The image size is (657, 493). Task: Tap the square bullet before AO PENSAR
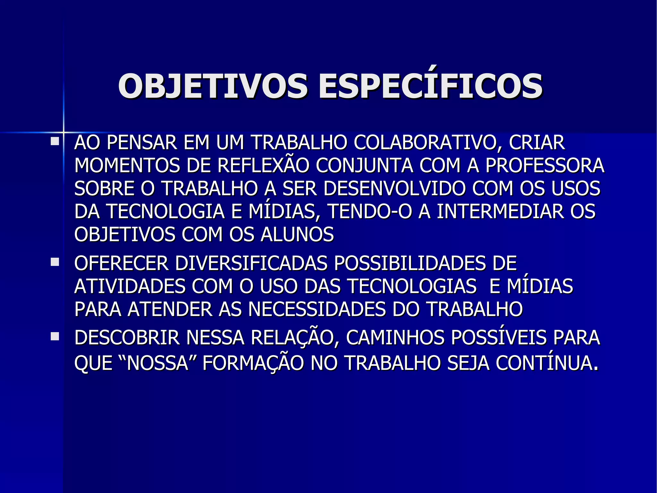(x=55, y=141)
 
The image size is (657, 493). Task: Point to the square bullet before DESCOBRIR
(x=55, y=337)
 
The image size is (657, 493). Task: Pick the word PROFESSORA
(x=545, y=166)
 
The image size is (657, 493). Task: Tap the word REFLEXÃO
(x=263, y=166)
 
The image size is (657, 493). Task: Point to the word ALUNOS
(x=297, y=234)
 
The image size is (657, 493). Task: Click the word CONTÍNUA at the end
(x=547, y=363)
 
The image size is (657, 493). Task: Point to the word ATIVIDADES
(x=130, y=286)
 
